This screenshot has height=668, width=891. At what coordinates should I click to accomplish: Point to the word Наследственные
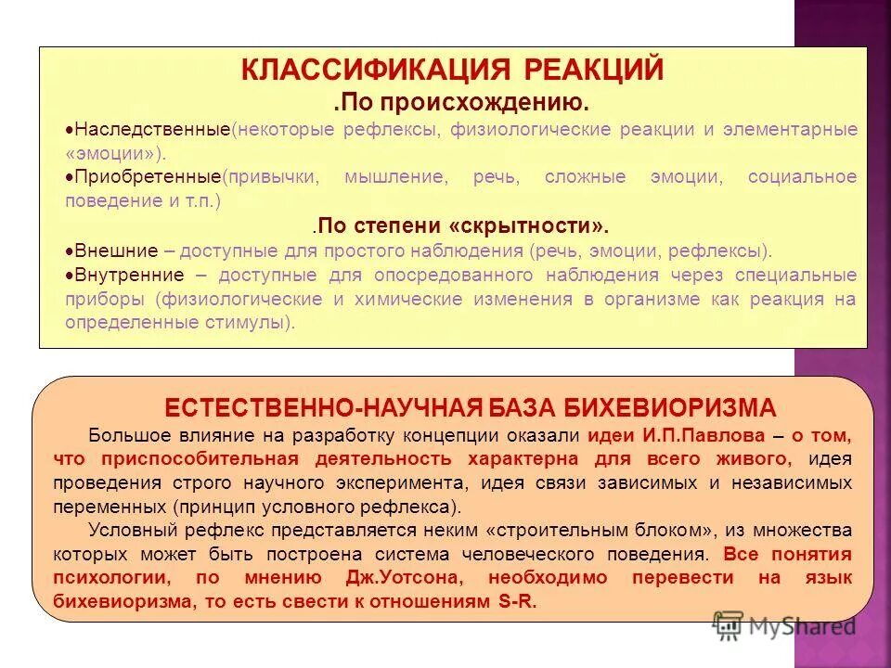[x=152, y=129]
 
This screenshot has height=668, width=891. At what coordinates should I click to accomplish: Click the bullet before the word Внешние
[x=71, y=250]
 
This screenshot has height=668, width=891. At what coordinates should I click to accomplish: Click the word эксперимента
[x=417, y=482]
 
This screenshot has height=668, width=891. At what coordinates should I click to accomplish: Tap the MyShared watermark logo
[x=784, y=626]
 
